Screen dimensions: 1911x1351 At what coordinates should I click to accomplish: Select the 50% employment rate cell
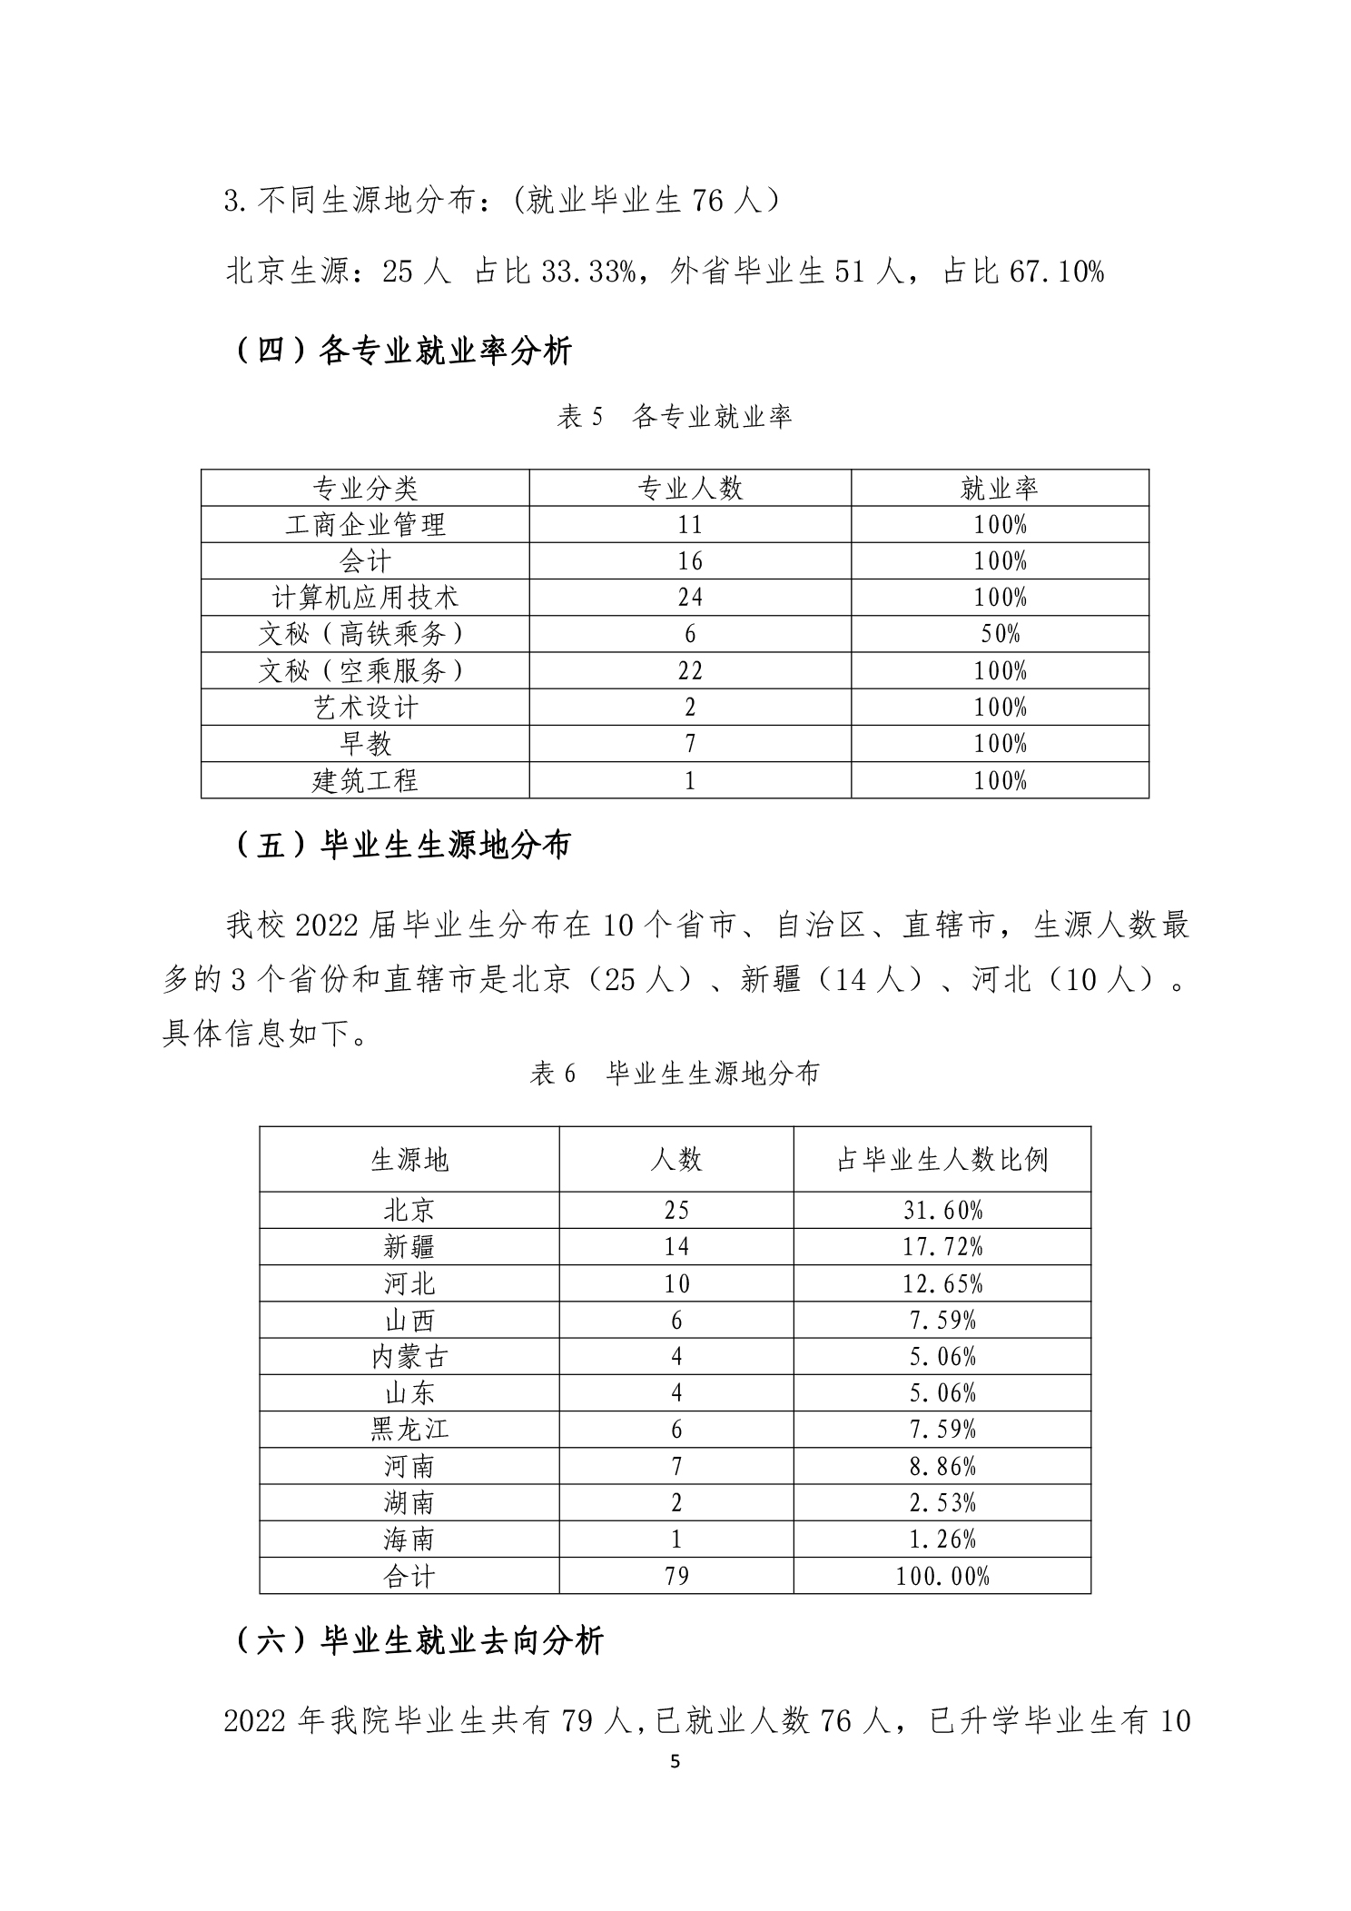click(1000, 634)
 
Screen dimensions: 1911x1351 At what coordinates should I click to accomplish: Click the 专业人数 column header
click(690, 489)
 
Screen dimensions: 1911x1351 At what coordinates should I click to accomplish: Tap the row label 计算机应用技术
click(365, 598)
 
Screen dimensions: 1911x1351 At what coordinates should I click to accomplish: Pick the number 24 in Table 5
click(690, 598)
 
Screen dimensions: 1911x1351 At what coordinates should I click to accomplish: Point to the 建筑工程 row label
click(365, 780)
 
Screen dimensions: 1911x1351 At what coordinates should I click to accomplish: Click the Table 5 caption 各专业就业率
click(675, 417)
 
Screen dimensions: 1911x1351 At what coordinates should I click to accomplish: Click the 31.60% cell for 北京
click(942, 1210)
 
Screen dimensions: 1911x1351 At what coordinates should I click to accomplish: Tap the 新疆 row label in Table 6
click(409, 1247)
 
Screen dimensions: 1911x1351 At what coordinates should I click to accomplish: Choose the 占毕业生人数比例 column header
click(942, 1159)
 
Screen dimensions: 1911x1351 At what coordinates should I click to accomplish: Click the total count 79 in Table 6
click(676, 1576)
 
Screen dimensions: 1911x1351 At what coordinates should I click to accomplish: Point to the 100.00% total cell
click(942, 1576)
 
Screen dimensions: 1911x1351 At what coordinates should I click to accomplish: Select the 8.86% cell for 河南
click(942, 1466)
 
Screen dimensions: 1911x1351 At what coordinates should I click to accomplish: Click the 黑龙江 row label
click(409, 1430)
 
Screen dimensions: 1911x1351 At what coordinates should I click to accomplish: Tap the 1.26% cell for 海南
click(942, 1540)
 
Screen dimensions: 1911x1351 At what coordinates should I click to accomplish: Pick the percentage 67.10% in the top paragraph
click(1056, 272)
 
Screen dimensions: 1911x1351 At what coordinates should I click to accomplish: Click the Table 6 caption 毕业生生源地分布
click(675, 1074)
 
